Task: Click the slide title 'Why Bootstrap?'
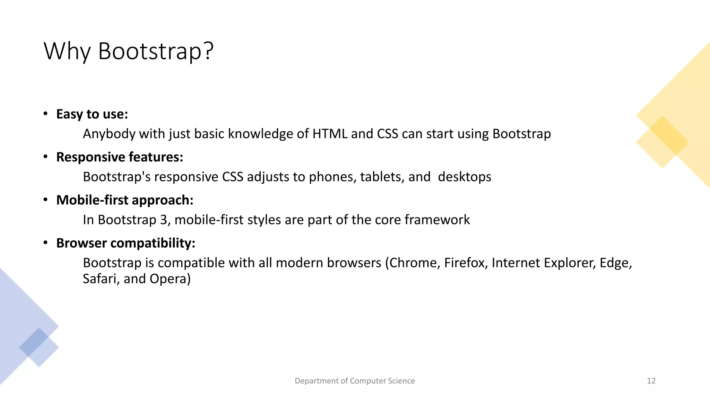coord(128,51)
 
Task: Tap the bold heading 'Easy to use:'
coord(92,114)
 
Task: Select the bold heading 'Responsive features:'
coord(120,157)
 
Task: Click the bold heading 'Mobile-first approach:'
coord(125,200)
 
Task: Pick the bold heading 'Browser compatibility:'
coord(126,243)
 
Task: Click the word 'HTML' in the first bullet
coord(330,134)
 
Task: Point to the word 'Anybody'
coord(109,134)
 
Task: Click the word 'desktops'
coord(464,177)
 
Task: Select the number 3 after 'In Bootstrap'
coord(163,220)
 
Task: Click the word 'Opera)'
coord(170,279)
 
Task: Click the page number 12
coord(651,381)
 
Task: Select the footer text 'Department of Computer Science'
coord(355,381)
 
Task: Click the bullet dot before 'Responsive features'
coord(45,157)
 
